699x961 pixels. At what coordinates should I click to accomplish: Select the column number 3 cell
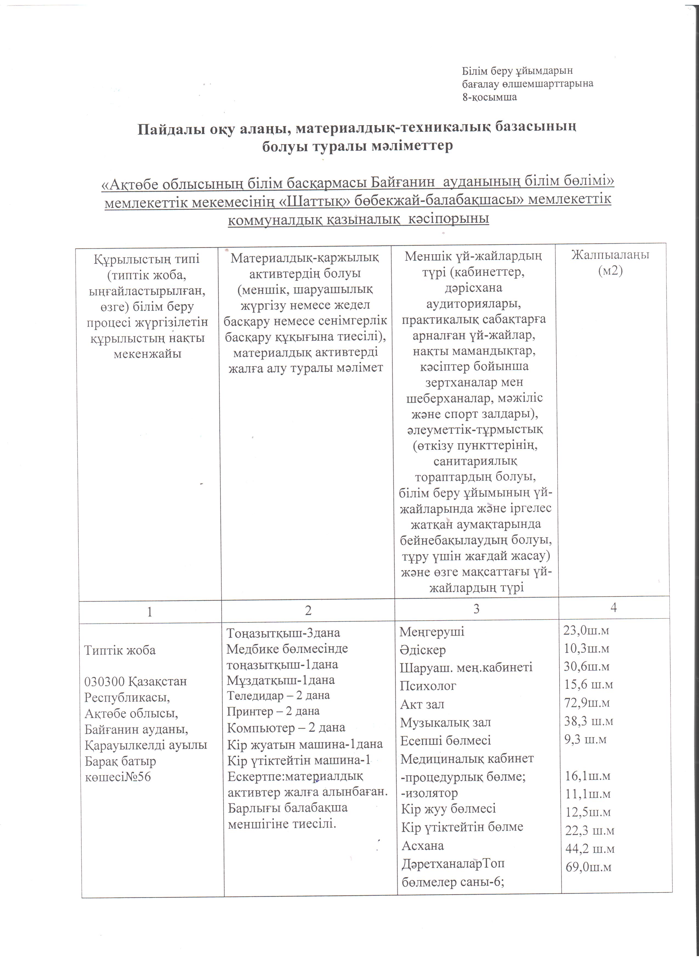click(476, 609)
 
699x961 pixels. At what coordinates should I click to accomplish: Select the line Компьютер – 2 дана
click(286, 728)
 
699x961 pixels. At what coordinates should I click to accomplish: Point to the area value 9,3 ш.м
click(586, 739)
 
